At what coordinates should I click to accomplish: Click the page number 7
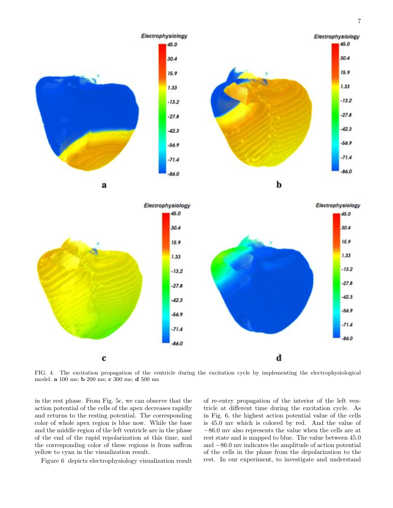click(x=359, y=21)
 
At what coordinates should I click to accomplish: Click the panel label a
click(x=104, y=186)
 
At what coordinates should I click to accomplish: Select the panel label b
click(x=279, y=185)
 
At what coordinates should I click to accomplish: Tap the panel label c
click(x=104, y=357)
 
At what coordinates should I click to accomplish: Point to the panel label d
click(x=279, y=358)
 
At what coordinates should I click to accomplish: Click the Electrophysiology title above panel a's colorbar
click(x=164, y=36)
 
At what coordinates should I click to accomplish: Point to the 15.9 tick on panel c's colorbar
click(x=176, y=242)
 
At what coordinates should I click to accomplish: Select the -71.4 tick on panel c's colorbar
click(x=177, y=329)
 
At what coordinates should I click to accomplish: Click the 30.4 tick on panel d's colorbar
click(x=347, y=228)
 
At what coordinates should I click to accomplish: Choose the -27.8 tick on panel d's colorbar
click(x=348, y=283)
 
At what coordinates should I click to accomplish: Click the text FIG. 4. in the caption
click(x=44, y=372)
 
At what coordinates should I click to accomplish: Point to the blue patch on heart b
click(x=222, y=99)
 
